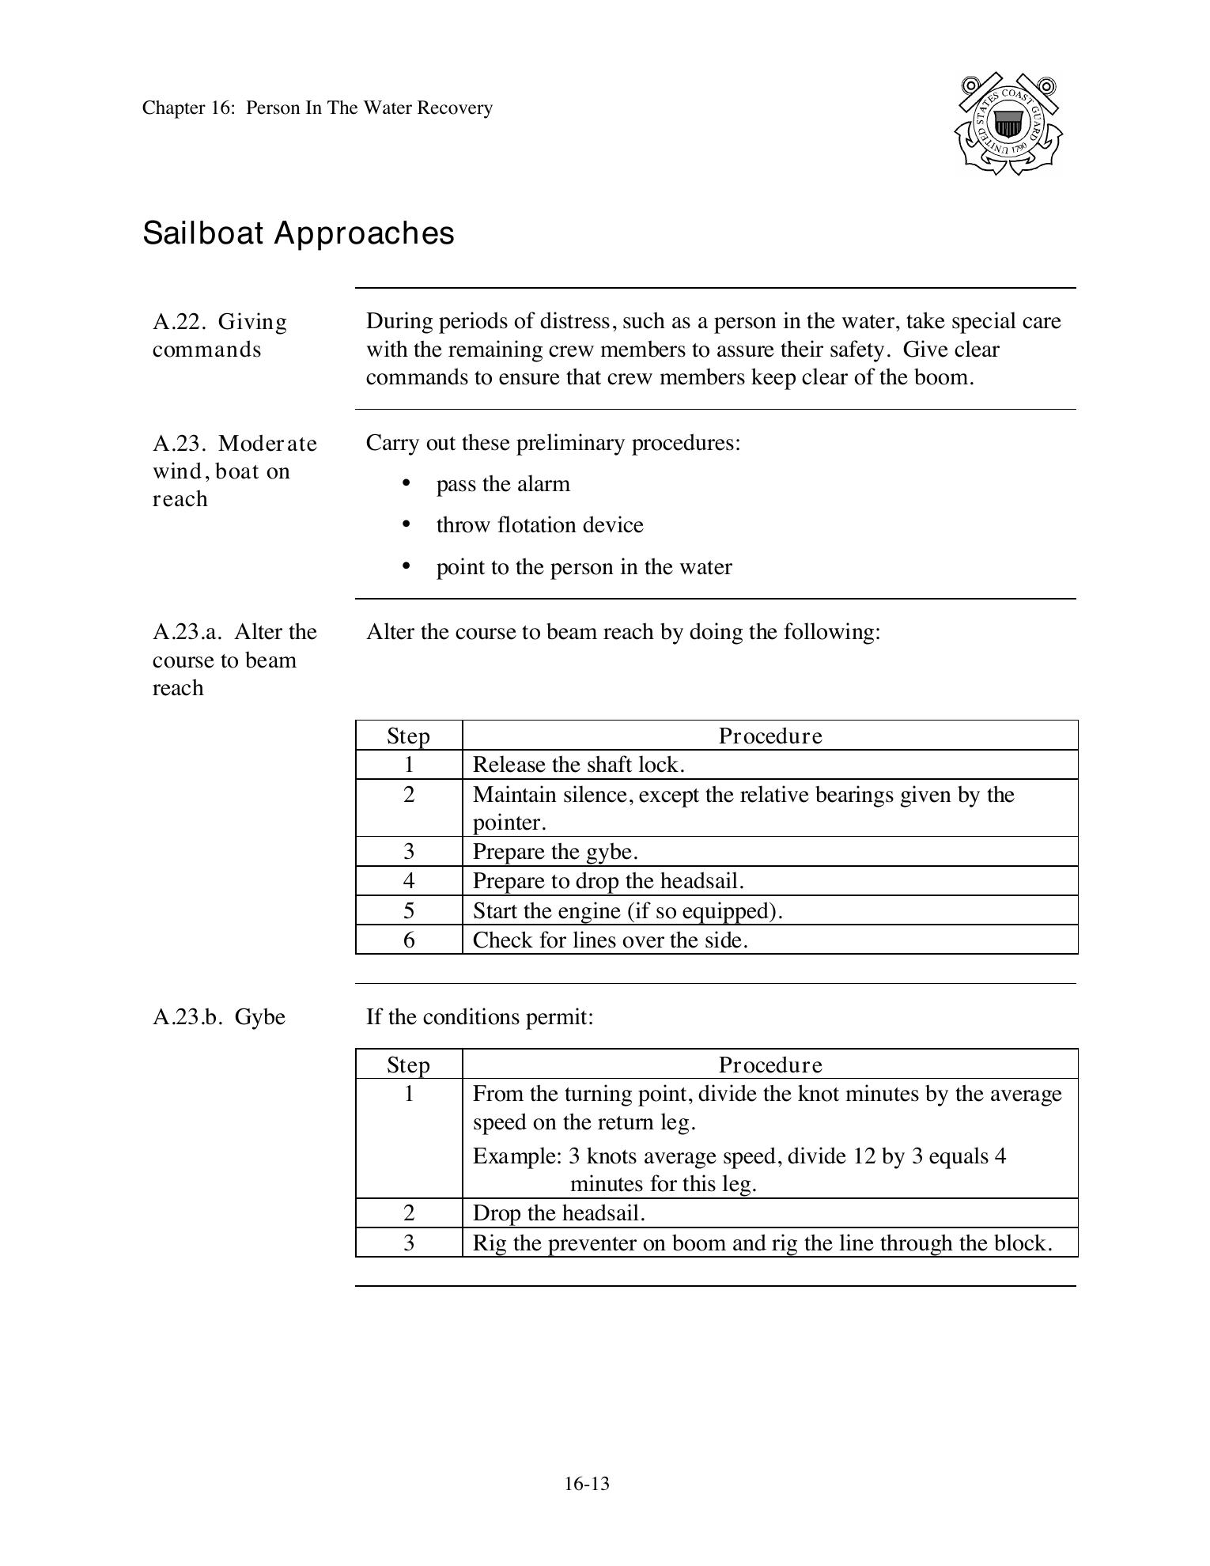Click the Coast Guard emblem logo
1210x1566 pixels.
point(1008,124)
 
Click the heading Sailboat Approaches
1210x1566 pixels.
point(298,233)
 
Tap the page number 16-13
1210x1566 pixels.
point(587,1484)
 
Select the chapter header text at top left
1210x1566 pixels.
point(317,108)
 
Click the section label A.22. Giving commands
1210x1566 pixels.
point(219,335)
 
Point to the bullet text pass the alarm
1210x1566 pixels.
point(502,484)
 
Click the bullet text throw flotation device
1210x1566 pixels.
point(539,525)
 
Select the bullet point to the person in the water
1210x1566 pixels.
point(584,567)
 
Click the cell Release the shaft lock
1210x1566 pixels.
point(578,765)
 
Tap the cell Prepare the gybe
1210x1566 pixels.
point(554,852)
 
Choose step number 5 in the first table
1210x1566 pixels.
point(409,910)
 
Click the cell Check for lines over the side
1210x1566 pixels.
point(610,940)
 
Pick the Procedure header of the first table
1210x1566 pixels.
point(769,736)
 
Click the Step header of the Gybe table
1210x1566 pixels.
point(408,1065)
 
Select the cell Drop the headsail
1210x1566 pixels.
point(558,1213)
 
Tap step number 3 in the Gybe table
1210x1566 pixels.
point(409,1243)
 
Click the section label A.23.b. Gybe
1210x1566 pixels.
point(218,1017)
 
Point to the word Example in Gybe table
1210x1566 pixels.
point(516,1157)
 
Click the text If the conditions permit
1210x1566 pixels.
point(479,1017)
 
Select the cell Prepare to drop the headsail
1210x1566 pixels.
point(607,881)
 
